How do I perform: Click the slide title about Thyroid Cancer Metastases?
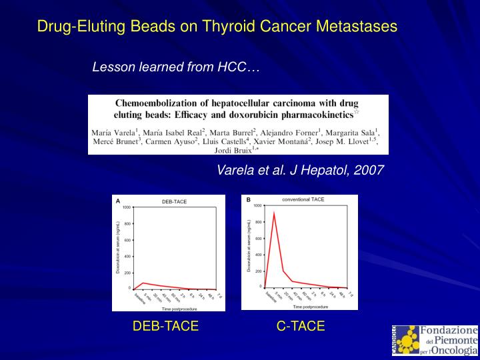coord(217,27)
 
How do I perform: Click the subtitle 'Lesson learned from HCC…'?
coord(175,67)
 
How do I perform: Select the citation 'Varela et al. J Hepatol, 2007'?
coord(300,170)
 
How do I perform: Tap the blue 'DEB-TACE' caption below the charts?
coord(165,326)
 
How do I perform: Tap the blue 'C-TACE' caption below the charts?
coord(301,326)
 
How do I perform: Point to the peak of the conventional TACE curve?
coord(273,213)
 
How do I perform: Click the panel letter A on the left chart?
coord(118,201)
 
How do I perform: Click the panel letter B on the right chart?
coord(248,199)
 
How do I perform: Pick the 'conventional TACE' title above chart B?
coord(303,199)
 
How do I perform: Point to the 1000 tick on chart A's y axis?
coord(126,208)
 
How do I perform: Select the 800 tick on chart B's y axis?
coord(258,222)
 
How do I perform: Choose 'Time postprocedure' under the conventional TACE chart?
coord(310,307)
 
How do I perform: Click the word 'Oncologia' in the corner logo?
coord(453,350)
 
